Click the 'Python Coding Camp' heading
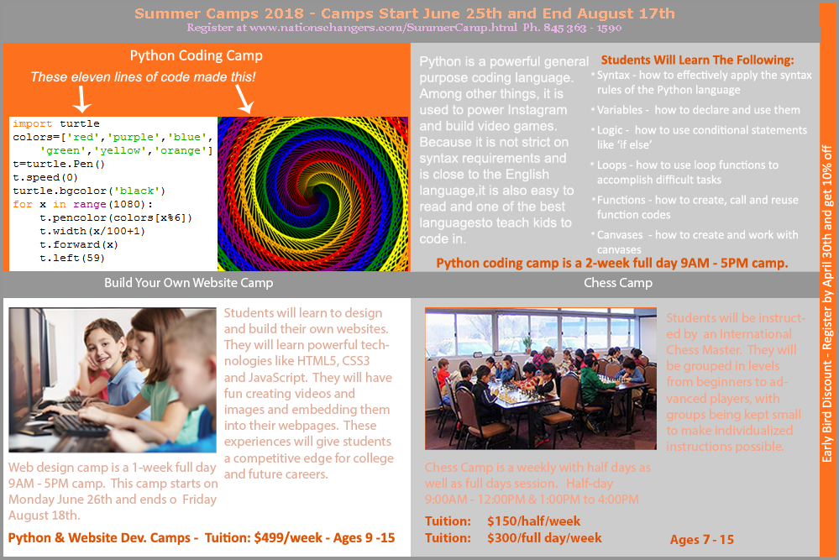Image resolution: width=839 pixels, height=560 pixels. pyautogui.click(x=196, y=55)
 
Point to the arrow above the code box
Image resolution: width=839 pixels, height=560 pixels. pyautogui.click(x=81, y=99)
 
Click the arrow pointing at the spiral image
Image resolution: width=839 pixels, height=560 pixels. pyautogui.click(x=244, y=99)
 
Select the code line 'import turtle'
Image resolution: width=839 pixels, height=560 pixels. pyautogui.click(x=56, y=123)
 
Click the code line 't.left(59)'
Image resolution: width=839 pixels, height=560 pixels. pyautogui.click(x=71, y=258)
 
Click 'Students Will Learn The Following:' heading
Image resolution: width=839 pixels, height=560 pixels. pyautogui.click(x=697, y=60)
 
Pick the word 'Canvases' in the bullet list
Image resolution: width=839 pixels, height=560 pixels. pyautogui.click(x=620, y=235)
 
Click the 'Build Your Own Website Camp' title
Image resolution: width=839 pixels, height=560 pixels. pyautogui.click(x=188, y=282)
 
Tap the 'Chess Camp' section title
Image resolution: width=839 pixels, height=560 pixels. pyautogui.click(x=618, y=282)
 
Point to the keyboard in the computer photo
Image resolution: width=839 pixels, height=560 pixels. pyautogui.click(x=81, y=424)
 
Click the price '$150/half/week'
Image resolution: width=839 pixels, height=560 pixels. pyautogui.click(x=533, y=521)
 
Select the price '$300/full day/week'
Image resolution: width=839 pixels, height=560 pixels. pyautogui.click(x=544, y=538)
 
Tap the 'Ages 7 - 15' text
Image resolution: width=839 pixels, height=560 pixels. pyautogui.click(x=701, y=540)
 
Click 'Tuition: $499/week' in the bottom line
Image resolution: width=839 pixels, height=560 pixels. pyautogui.click(x=263, y=537)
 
